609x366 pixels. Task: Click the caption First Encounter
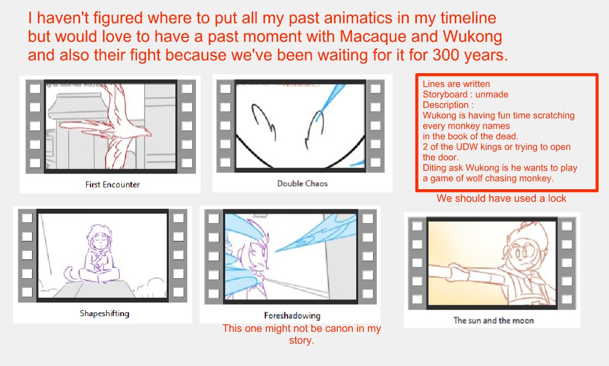113,184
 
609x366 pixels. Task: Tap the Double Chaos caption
302,183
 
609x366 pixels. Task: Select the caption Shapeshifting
104,313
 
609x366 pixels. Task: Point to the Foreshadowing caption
292,316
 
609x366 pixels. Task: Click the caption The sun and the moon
493,320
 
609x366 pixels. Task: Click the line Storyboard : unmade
465,94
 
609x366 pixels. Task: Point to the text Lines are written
456,84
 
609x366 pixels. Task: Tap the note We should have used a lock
501,198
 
